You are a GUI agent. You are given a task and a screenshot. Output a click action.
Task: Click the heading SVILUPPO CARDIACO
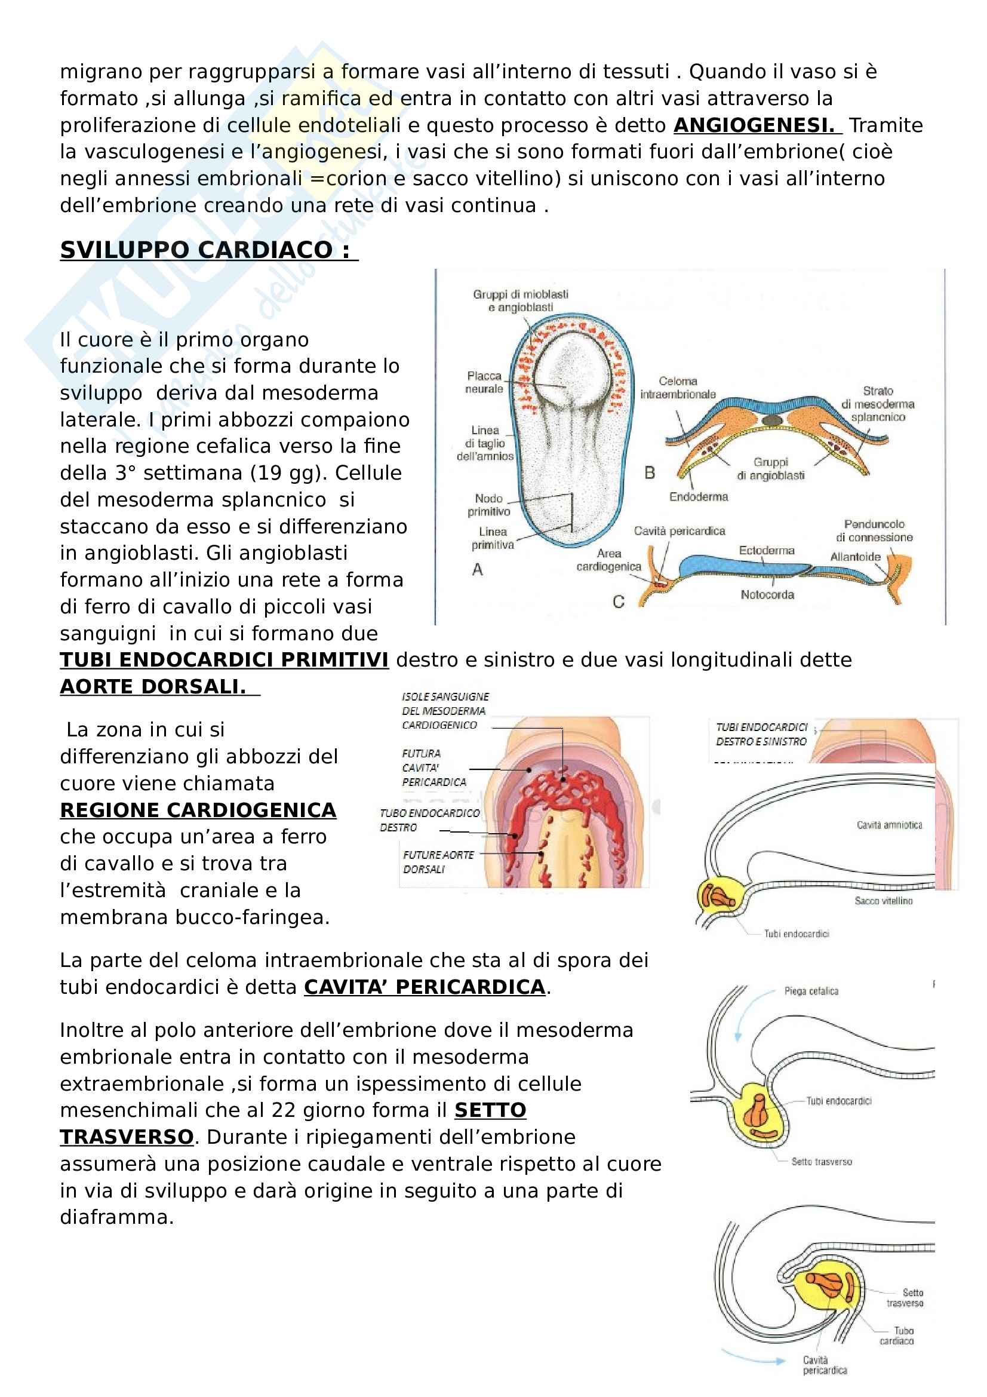208,250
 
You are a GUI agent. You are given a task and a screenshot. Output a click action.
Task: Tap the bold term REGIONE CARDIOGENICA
198,810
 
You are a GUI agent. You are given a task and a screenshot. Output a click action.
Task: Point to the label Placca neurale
484,382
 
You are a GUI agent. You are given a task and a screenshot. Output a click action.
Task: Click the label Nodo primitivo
489,505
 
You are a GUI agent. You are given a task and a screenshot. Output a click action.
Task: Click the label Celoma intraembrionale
678,388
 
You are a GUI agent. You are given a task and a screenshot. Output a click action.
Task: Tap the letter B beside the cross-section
650,473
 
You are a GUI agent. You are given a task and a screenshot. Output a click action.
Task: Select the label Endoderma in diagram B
698,496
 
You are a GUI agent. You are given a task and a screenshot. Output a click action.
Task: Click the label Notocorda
767,594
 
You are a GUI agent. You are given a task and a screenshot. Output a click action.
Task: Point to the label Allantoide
855,557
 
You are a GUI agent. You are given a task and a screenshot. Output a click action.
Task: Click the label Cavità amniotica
889,825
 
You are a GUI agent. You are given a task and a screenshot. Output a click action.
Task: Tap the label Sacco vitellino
883,901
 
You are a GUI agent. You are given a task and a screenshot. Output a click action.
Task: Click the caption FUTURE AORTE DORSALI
438,862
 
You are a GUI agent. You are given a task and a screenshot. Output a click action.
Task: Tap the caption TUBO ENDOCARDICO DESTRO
429,820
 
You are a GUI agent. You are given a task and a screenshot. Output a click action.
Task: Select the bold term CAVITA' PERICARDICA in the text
425,986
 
